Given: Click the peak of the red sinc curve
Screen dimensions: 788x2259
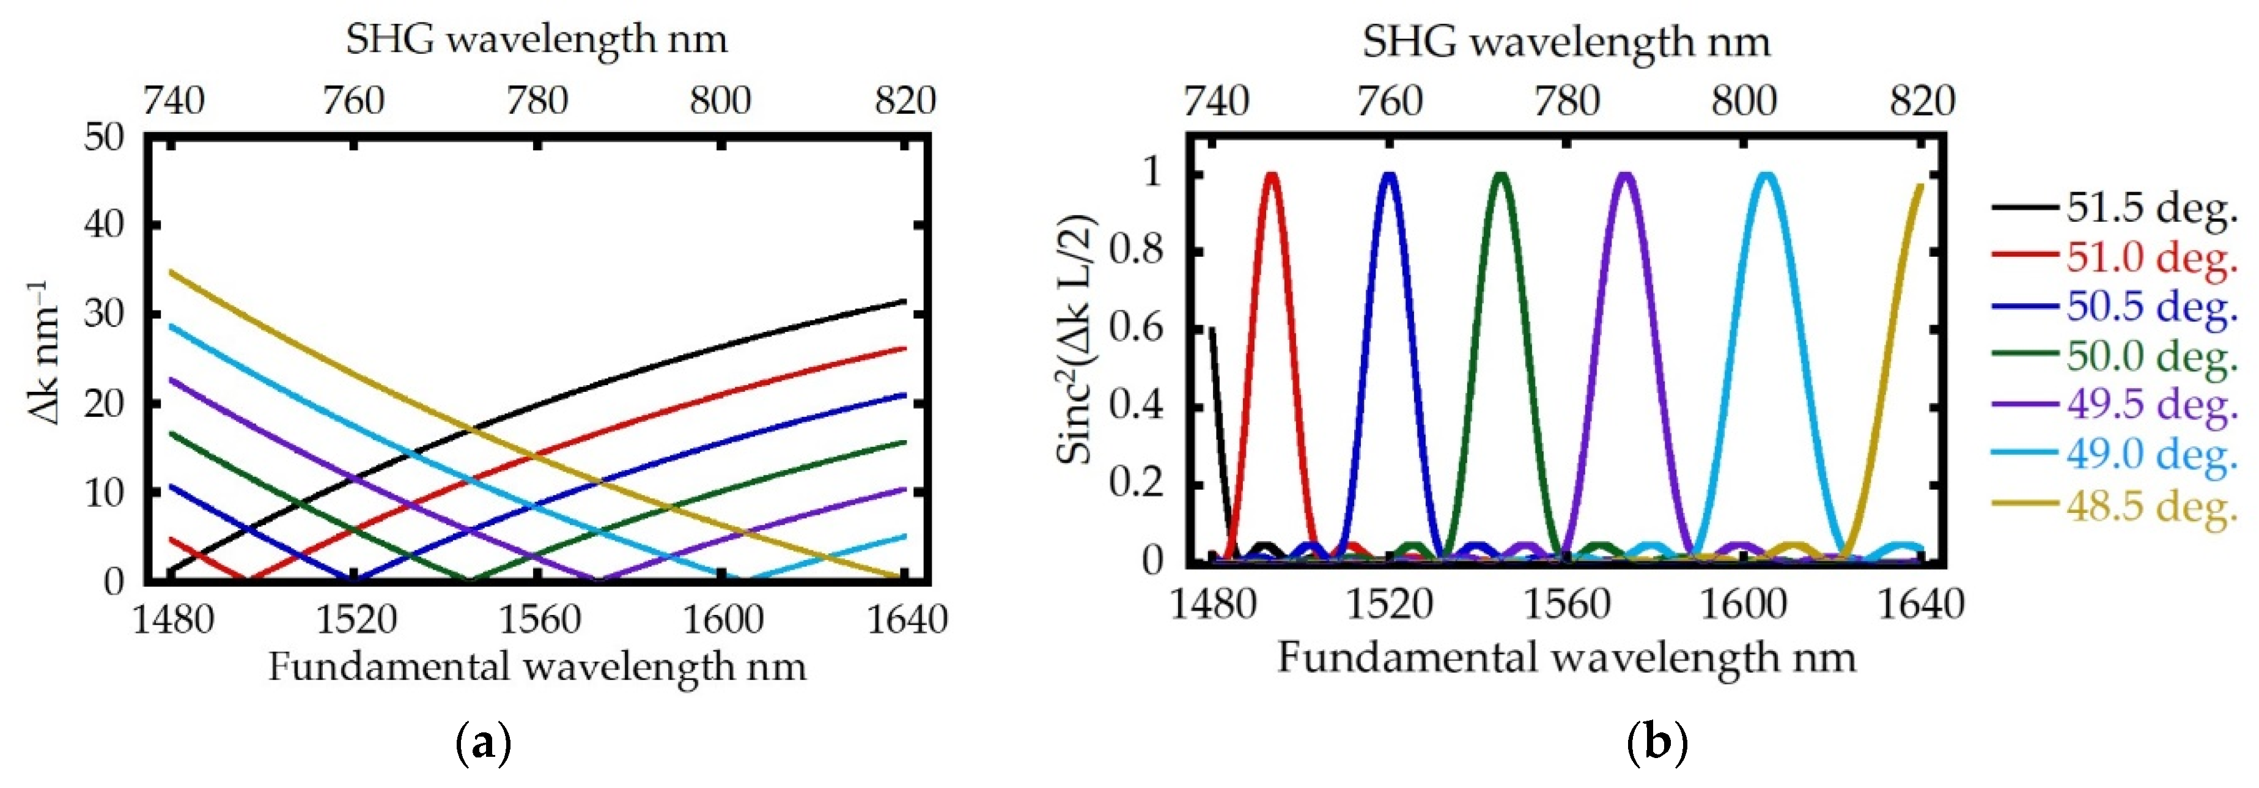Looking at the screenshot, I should [x=1272, y=175].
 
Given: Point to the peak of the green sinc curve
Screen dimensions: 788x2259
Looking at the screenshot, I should [x=1502, y=175].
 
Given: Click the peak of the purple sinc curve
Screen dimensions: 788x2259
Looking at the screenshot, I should [x=1625, y=175].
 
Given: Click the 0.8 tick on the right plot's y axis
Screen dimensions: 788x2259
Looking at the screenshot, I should [x=1136, y=250].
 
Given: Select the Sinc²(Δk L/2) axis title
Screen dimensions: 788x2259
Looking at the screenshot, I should [x=1076, y=338].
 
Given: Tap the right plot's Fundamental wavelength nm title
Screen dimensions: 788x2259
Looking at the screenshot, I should [x=1566, y=657].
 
